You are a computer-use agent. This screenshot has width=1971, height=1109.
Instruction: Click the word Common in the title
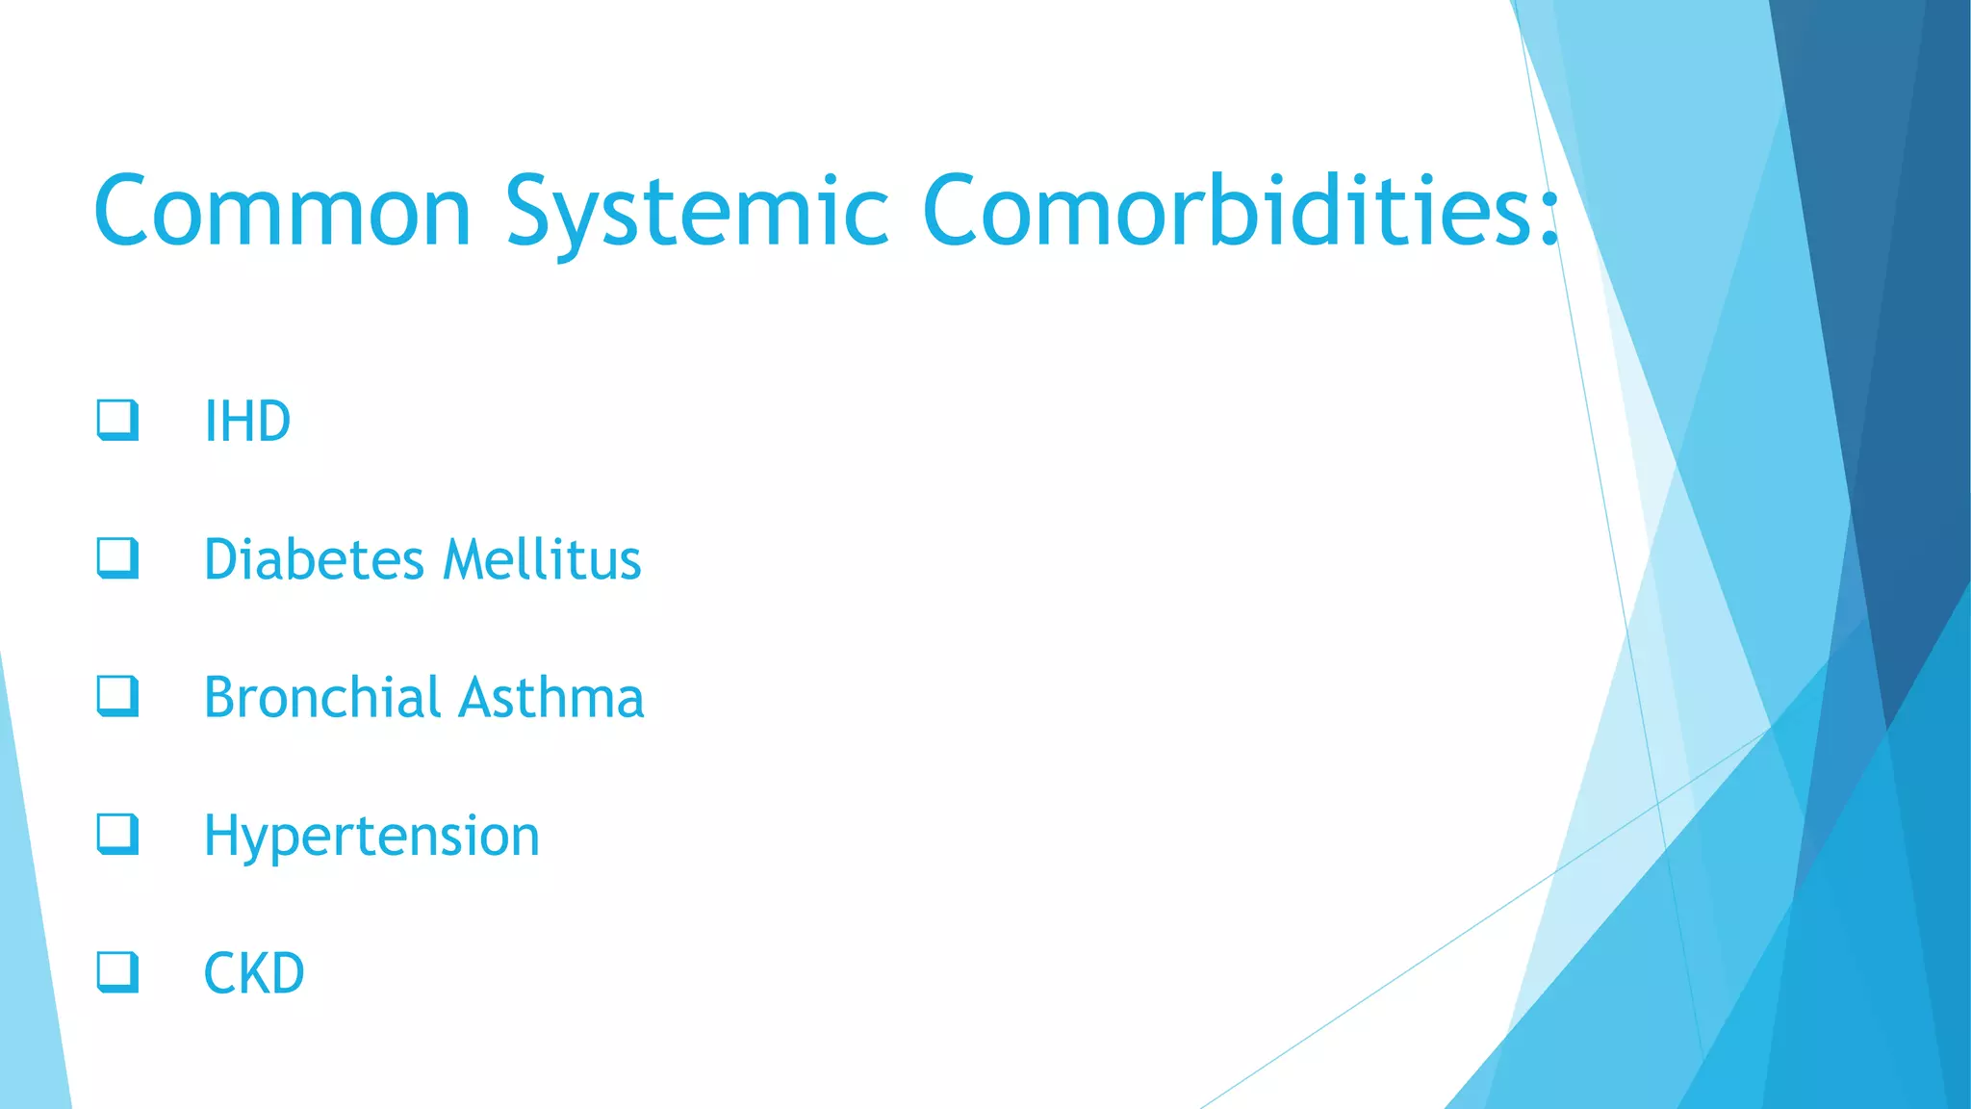point(282,211)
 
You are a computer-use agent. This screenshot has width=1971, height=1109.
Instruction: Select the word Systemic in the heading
point(697,213)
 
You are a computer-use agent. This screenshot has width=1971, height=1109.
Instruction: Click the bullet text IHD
point(247,422)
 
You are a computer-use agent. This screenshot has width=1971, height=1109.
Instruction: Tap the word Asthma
point(551,697)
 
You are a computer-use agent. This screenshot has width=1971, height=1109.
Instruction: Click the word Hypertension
point(371,836)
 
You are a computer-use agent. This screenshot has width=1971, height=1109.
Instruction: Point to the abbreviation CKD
point(254,973)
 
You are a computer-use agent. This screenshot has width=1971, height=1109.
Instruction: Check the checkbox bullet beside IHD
point(117,421)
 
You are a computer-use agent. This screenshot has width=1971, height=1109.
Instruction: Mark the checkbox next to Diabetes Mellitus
point(117,558)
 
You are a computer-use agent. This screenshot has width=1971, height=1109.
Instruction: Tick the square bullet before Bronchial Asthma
point(117,696)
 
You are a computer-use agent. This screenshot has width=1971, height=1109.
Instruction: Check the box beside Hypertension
point(117,835)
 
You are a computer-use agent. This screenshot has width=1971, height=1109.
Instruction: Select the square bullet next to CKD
point(117,972)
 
